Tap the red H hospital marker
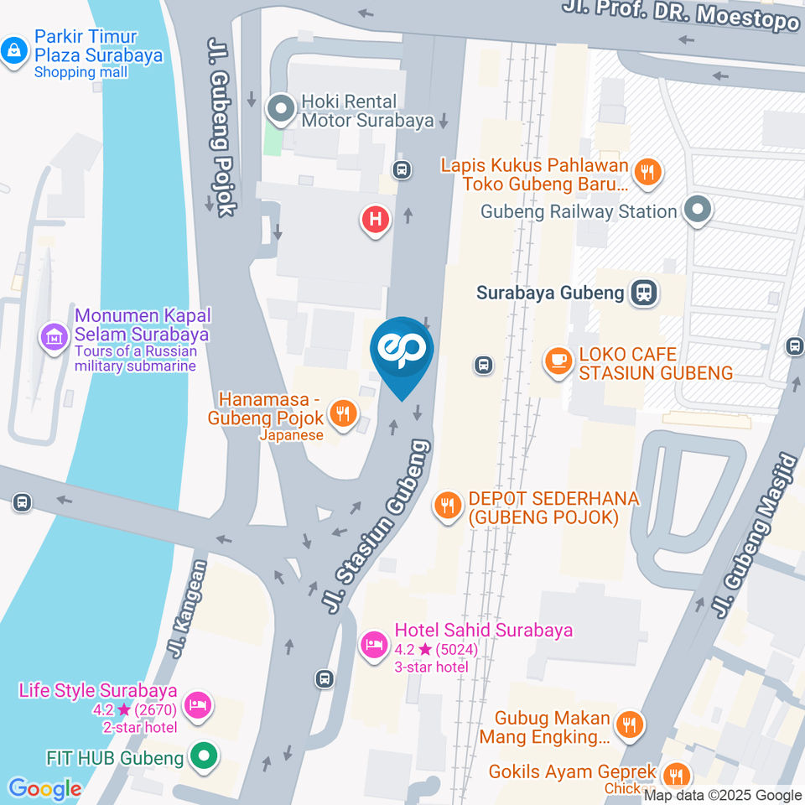375,221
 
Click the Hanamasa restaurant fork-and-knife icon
341,412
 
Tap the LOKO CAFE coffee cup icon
556,361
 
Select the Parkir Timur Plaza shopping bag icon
13,49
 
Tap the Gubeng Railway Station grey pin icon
697,210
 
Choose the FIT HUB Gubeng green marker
202,757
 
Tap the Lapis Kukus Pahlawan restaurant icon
647,173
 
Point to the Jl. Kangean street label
190,609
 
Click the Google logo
45,788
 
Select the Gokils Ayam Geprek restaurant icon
676,774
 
